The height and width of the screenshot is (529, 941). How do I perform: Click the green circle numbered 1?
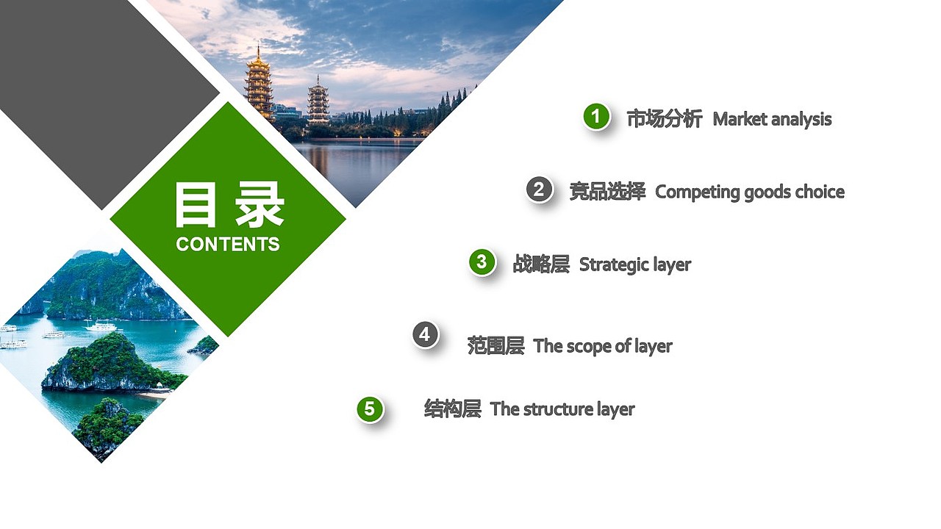click(x=596, y=116)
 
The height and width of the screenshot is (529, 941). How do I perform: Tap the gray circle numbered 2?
click(x=539, y=190)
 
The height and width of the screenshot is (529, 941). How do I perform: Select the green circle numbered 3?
click(x=482, y=262)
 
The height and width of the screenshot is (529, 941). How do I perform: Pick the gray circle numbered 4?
click(x=425, y=335)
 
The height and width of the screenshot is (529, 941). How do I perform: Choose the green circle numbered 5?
click(x=370, y=409)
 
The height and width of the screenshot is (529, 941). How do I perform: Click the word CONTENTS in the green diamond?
click(x=228, y=245)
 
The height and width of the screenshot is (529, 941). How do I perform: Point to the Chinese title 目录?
click(x=229, y=205)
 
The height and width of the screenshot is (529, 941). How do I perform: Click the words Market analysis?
click(x=772, y=119)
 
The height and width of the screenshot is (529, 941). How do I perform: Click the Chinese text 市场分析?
click(x=664, y=119)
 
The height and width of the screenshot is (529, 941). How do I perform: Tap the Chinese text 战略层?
click(x=541, y=264)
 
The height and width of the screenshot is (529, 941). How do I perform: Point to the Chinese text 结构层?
click(x=452, y=409)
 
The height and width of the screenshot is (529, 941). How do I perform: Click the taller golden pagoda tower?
click(x=258, y=82)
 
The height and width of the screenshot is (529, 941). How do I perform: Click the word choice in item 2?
click(x=819, y=192)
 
